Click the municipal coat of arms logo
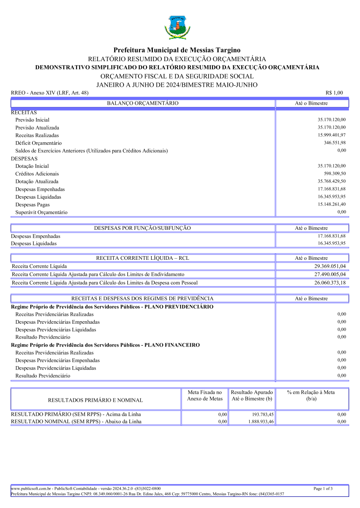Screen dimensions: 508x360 (177, 27)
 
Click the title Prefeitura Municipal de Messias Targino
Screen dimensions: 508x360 (177, 50)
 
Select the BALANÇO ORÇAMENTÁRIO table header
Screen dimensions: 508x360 (143, 104)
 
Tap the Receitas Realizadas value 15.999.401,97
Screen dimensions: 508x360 (332, 135)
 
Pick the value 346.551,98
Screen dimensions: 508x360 (335, 143)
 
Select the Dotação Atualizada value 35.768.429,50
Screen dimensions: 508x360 (332, 181)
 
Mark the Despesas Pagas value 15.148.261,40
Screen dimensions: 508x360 (332, 204)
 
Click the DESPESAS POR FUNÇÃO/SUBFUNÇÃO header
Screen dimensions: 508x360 (142, 228)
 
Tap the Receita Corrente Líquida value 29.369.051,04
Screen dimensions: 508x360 (330, 266)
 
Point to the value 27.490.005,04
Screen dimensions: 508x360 (330, 275)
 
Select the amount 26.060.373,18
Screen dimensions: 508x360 (330, 283)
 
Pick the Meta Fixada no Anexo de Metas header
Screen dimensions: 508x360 (204, 396)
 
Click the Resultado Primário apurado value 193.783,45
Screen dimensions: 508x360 (260, 414)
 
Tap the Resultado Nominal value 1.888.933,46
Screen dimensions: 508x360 (258, 422)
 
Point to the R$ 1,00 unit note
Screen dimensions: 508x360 (334, 93)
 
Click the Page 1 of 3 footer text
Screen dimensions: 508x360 (323, 489)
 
